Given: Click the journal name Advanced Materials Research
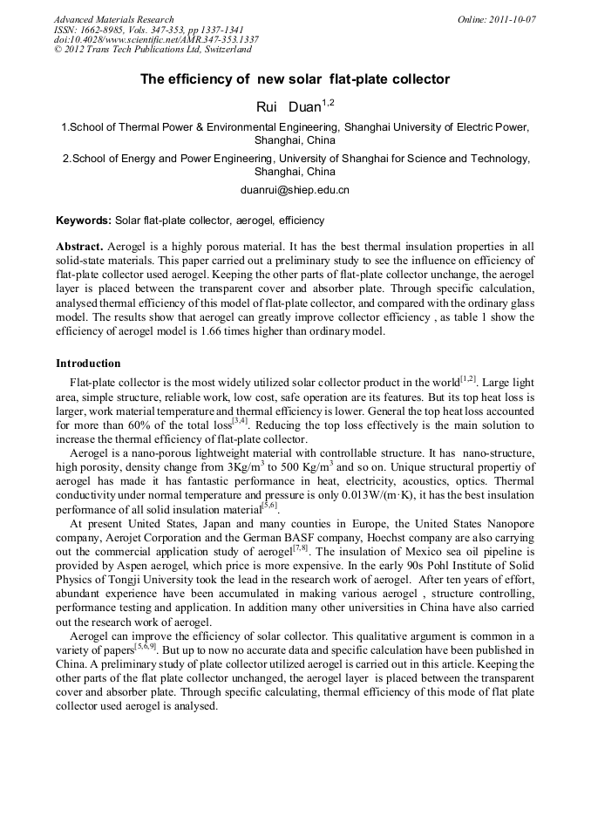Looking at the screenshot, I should [x=114, y=19].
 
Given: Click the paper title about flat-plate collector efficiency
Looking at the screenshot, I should [x=295, y=79].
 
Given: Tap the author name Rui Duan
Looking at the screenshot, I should [x=288, y=107].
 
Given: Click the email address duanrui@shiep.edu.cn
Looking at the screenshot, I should [x=295, y=189].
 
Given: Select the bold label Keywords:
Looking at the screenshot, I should [x=84, y=221].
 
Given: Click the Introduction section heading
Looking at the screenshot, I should [x=88, y=363].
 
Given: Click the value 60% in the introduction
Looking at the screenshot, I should [x=141, y=425].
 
